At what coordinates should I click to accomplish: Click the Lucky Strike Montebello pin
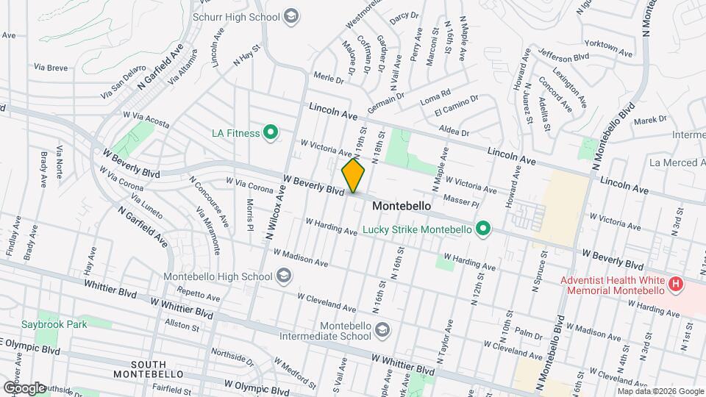(482, 230)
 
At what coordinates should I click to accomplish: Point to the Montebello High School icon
(284, 276)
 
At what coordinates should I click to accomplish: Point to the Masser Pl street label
(461, 199)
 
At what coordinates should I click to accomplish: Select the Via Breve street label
(51, 68)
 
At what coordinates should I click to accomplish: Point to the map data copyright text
(660, 392)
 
